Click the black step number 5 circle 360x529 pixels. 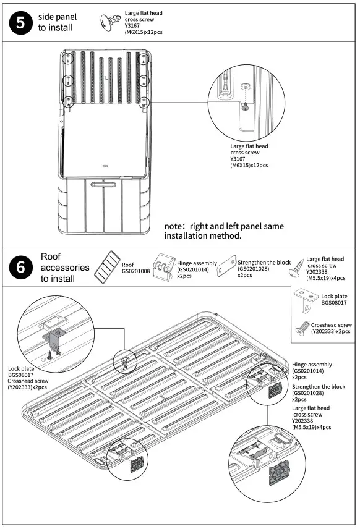pyautogui.click(x=20, y=23)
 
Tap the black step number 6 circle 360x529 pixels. pyautogui.click(x=20, y=267)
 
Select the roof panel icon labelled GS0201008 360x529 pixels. pyautogui.click(x=108, y=267)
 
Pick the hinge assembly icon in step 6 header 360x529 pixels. pyautogui.click(x=164, y=268)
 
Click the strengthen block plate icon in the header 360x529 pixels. pyautogui.click(x=226, y=266)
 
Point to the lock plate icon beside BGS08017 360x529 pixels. pyautogui.click(x=306, y=300)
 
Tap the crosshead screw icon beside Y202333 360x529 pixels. pyautogui.click(x=302, y=328)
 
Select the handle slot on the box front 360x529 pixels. pyautogui.click(x=103, y=184)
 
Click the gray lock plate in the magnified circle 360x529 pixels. pyautogui.click(x=54, y=338)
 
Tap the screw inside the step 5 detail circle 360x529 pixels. pyautogui.click(x=245, y=108)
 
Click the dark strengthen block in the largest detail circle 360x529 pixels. pyautogui.click(x=280, y=472)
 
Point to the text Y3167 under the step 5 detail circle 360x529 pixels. pyautogui.click(x=238, y=159)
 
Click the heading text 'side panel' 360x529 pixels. pyautogui.click(x=58, y=17)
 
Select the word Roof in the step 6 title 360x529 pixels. pyautogui.click(x=51, y=256)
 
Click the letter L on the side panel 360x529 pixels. pyautogui.click(x=106, y=78)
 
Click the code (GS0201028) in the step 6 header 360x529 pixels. pyautogui.click(x=253, y=269)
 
